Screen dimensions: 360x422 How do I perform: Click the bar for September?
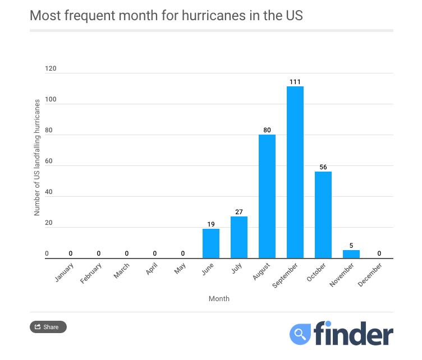click(295, 172)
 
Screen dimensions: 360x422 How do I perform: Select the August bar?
click(267, 196)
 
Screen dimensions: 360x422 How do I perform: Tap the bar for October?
click(323, 215)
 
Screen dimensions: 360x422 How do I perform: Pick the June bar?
click(211, 243)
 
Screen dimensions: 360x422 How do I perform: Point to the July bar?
click(239, 237)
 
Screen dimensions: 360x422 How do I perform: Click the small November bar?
click(351, 254)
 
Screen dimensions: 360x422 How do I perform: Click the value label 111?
click(295, 82)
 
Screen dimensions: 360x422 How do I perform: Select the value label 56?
click(323, 167)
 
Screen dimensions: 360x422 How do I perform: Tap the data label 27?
click(239, 212)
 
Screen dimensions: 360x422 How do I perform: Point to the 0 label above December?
click(379, 253)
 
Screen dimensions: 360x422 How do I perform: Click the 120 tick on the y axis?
click(51, 68)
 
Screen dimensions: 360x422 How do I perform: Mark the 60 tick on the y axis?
click(49, 161)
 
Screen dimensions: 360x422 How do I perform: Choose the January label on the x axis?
click(65, 271)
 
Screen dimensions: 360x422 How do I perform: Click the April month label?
click(151, 270)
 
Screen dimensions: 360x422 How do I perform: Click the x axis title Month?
click(219, 299)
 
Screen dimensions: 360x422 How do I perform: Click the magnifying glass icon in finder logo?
click(300, 334)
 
